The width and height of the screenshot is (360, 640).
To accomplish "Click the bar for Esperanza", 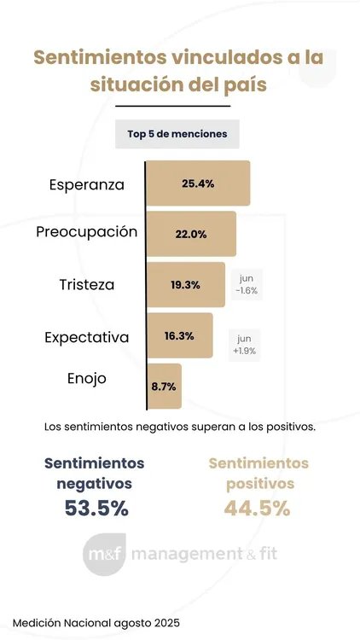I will click(x=198, y=183).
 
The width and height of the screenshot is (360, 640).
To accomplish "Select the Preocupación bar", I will click(x=191, y=234).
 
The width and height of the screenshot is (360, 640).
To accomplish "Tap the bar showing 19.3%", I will click(x=185, y=284).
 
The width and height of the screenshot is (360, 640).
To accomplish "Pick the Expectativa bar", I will click(x=179, y=335).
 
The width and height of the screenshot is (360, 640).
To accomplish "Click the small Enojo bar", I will click(x=163, y=386).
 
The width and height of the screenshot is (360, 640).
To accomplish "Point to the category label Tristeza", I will click(x=87, y=284).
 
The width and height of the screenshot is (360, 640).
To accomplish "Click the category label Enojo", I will click(x=87, y=379).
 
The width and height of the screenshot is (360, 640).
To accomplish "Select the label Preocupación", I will click(x=87, y=232).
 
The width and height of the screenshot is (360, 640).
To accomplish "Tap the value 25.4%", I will click(x=198, y=183).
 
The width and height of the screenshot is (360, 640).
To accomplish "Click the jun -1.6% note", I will click(x=247, y=284).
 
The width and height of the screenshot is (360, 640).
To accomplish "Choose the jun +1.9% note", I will click(x=245, y=343).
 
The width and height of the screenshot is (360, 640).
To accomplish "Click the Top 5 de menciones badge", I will click(x=177, y=134).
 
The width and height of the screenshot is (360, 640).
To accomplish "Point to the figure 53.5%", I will click(x=96, y=509).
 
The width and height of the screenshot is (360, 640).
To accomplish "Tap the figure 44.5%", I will click(x=258, y=509).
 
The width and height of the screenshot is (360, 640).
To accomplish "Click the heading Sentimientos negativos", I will click(x=94, y=473).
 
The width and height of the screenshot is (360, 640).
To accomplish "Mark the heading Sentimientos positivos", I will click(x=258, y=473).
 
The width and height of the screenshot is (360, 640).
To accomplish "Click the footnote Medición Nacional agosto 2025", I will click(x=96, y=622).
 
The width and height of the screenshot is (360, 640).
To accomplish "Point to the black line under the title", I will click(x=172, y=106).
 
